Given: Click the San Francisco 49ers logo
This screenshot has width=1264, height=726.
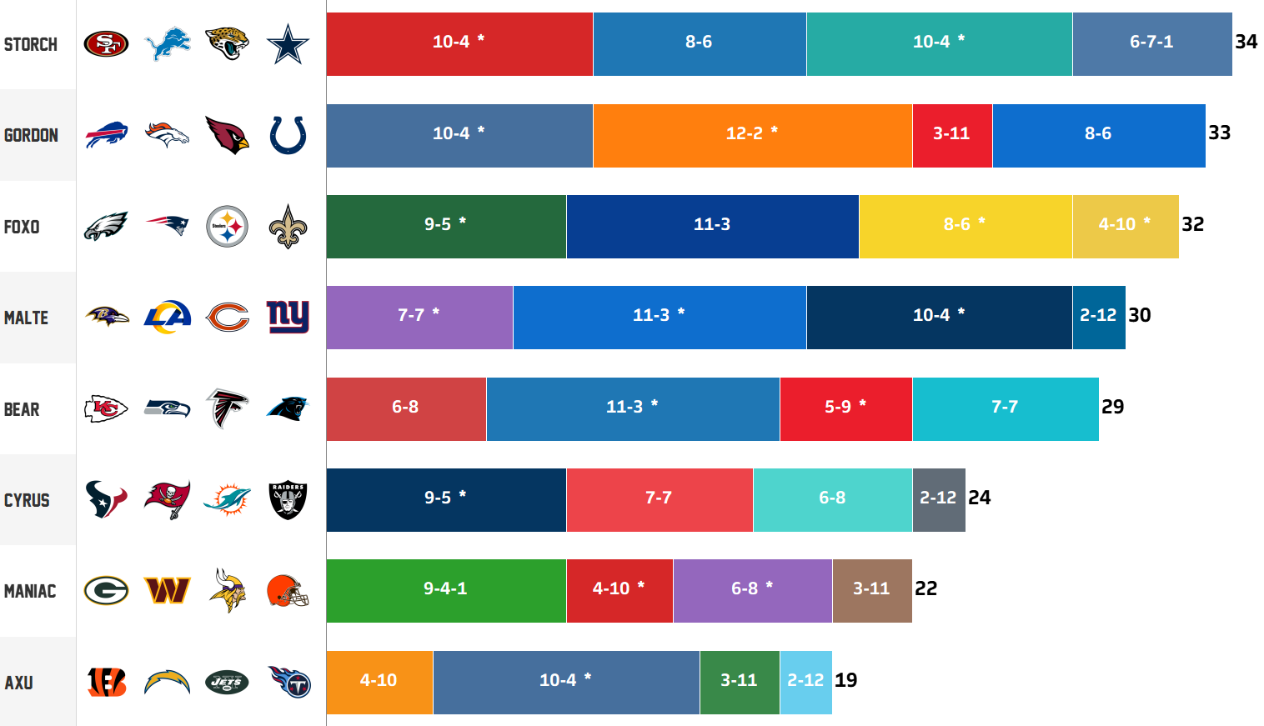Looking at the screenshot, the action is [x=106, y=44].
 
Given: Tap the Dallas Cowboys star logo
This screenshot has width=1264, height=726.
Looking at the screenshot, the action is [x=288, y=44].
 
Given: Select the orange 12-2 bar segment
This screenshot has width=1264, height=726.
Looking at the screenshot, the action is [x=753, y=135].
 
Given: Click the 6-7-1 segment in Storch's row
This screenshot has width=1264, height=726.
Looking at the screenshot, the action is [x=1152, y=44].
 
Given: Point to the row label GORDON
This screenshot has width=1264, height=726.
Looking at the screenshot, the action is [x=31, y=135].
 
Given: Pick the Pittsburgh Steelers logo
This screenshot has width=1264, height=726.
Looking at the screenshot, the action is [x=227, y=226].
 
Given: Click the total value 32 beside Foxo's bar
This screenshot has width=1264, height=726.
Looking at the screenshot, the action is [x=1193, y=224].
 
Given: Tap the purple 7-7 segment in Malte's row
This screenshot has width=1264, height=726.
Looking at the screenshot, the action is [x=419, y=318].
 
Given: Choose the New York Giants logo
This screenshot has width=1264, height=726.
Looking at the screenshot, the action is [x=288, y=317].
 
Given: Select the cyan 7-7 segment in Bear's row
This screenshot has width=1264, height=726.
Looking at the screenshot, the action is [x=1006, y=409].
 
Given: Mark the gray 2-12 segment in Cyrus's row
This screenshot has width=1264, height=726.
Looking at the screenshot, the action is [x=939, y=500].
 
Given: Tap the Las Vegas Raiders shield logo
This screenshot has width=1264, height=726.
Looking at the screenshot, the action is [x=288, y=500].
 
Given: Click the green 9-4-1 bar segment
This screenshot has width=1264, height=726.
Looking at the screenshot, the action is [x=446, y=591].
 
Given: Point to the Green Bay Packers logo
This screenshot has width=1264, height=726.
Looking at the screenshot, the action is [x=106, y=591].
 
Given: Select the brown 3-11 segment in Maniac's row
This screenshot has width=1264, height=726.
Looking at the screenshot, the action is [x=872, y=591].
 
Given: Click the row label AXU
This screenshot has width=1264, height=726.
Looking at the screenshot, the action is [x=18, y=683].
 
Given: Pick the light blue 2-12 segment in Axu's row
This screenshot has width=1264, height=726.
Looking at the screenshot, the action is [x=805, y=683].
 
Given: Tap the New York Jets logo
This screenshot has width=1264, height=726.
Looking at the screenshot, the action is [x=227, y=683].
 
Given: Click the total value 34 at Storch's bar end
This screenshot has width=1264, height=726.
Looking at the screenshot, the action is [x=1246, y=42].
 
